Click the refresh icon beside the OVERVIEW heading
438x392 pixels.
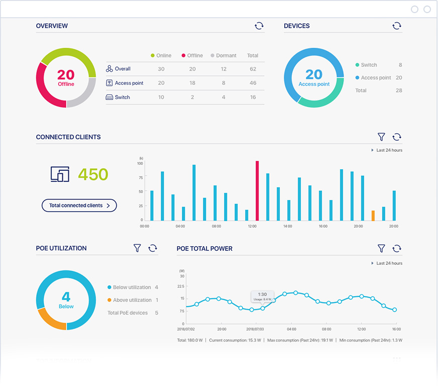tap(259, 26)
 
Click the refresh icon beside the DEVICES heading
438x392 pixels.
tap(397, 26)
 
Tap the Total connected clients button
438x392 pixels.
tap(79, 205)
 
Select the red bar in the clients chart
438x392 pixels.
tap(257, 190)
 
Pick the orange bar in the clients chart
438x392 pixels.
tap(373, 215)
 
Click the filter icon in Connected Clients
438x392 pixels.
tap(381, 137)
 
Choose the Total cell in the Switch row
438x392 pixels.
tap(253, 97)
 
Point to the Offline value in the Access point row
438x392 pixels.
tap(192, 83)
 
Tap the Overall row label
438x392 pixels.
tap(123, 69)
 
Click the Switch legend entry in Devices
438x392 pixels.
tap(369, 65)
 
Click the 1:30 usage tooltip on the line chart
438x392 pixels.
tap(262, 296)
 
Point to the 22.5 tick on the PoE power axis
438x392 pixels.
tap(181, 287)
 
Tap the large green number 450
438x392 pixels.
tap(93, 174)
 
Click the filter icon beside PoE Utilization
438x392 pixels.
tap(137, 248)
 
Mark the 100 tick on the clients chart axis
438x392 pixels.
tap(140, 163)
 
